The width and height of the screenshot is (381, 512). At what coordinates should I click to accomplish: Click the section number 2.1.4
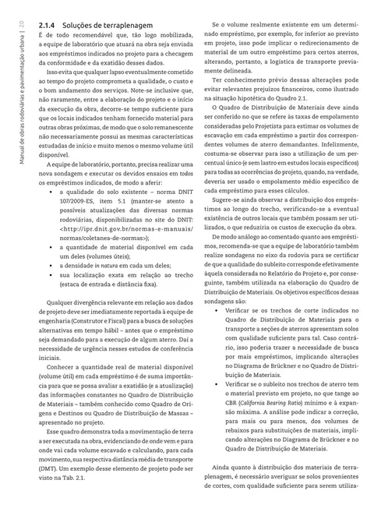(x=47, y=26)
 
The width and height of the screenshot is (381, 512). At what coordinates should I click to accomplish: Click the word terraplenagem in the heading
(x=104, y=26)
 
